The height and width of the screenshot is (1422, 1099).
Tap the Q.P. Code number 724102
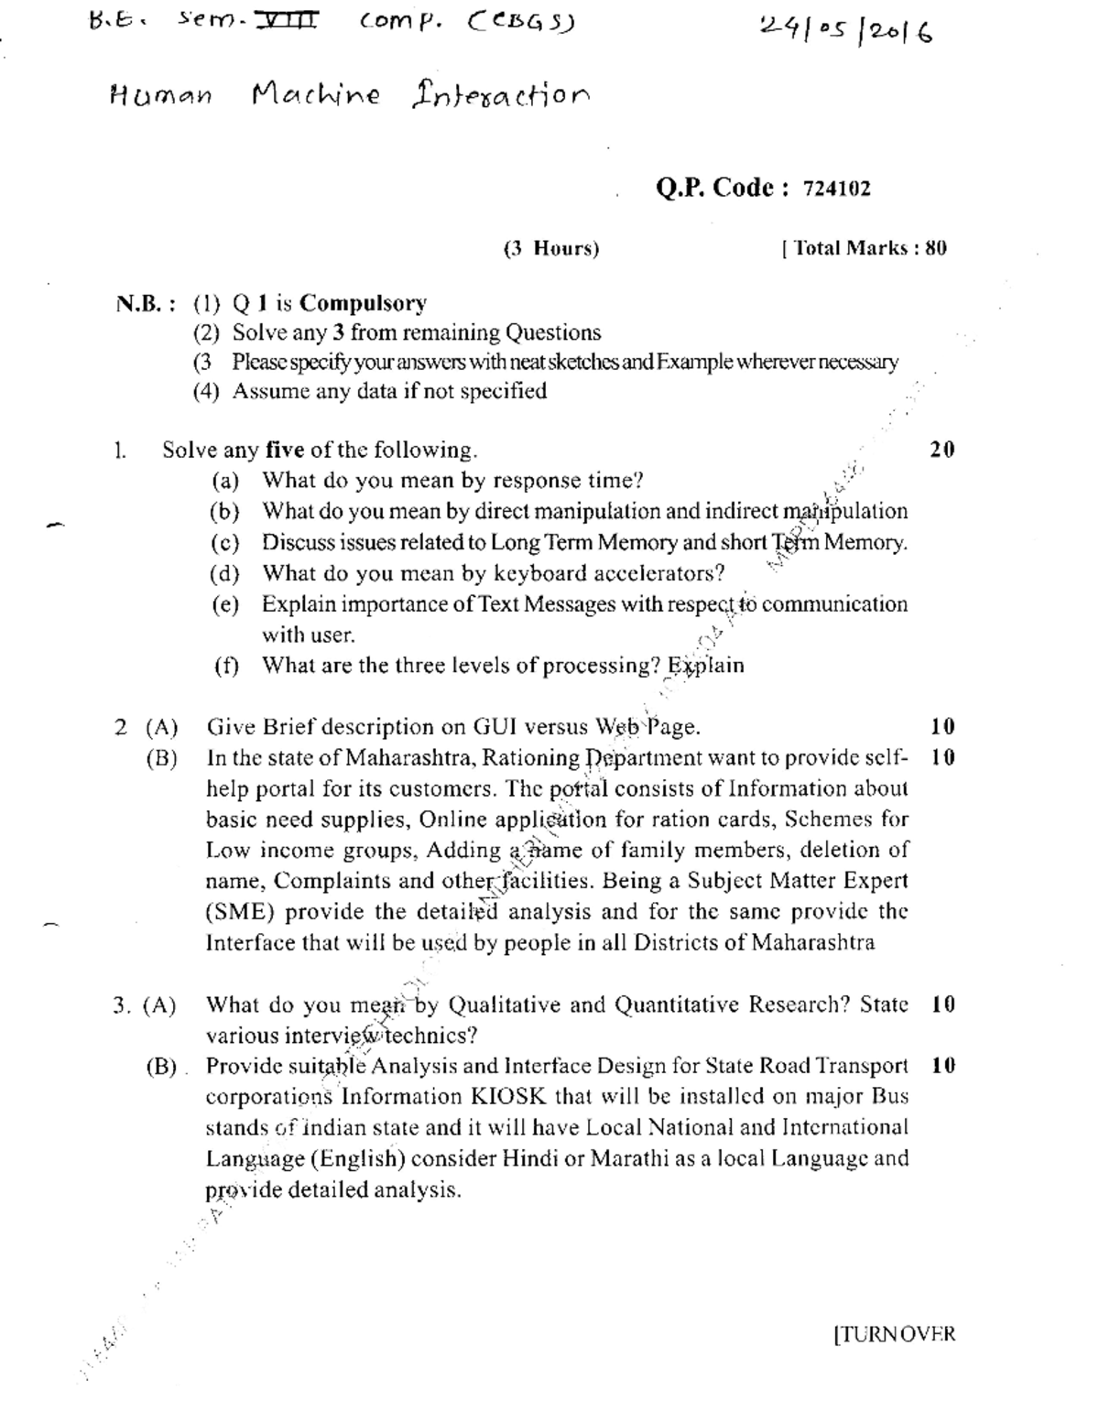tap(836, 190)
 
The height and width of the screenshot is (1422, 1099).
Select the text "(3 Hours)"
tap(551, 248)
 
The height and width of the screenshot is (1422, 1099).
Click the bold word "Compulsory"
tap(363, 303)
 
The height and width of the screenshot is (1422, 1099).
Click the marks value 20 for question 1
tap(941, 450)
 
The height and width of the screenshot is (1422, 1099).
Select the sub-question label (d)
tap(224, 574)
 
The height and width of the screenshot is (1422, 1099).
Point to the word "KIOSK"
tap(509, 1097)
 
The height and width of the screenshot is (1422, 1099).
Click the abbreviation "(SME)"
tap(238, 912)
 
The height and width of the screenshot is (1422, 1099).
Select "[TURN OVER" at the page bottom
tap(894, 1334)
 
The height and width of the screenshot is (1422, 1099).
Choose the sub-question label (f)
tap(225, 666)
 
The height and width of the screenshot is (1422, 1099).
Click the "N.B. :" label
tap(146, 304)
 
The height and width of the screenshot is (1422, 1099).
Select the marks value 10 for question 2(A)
tap(942, 727)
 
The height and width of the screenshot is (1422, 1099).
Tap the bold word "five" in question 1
tap(285, 450)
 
